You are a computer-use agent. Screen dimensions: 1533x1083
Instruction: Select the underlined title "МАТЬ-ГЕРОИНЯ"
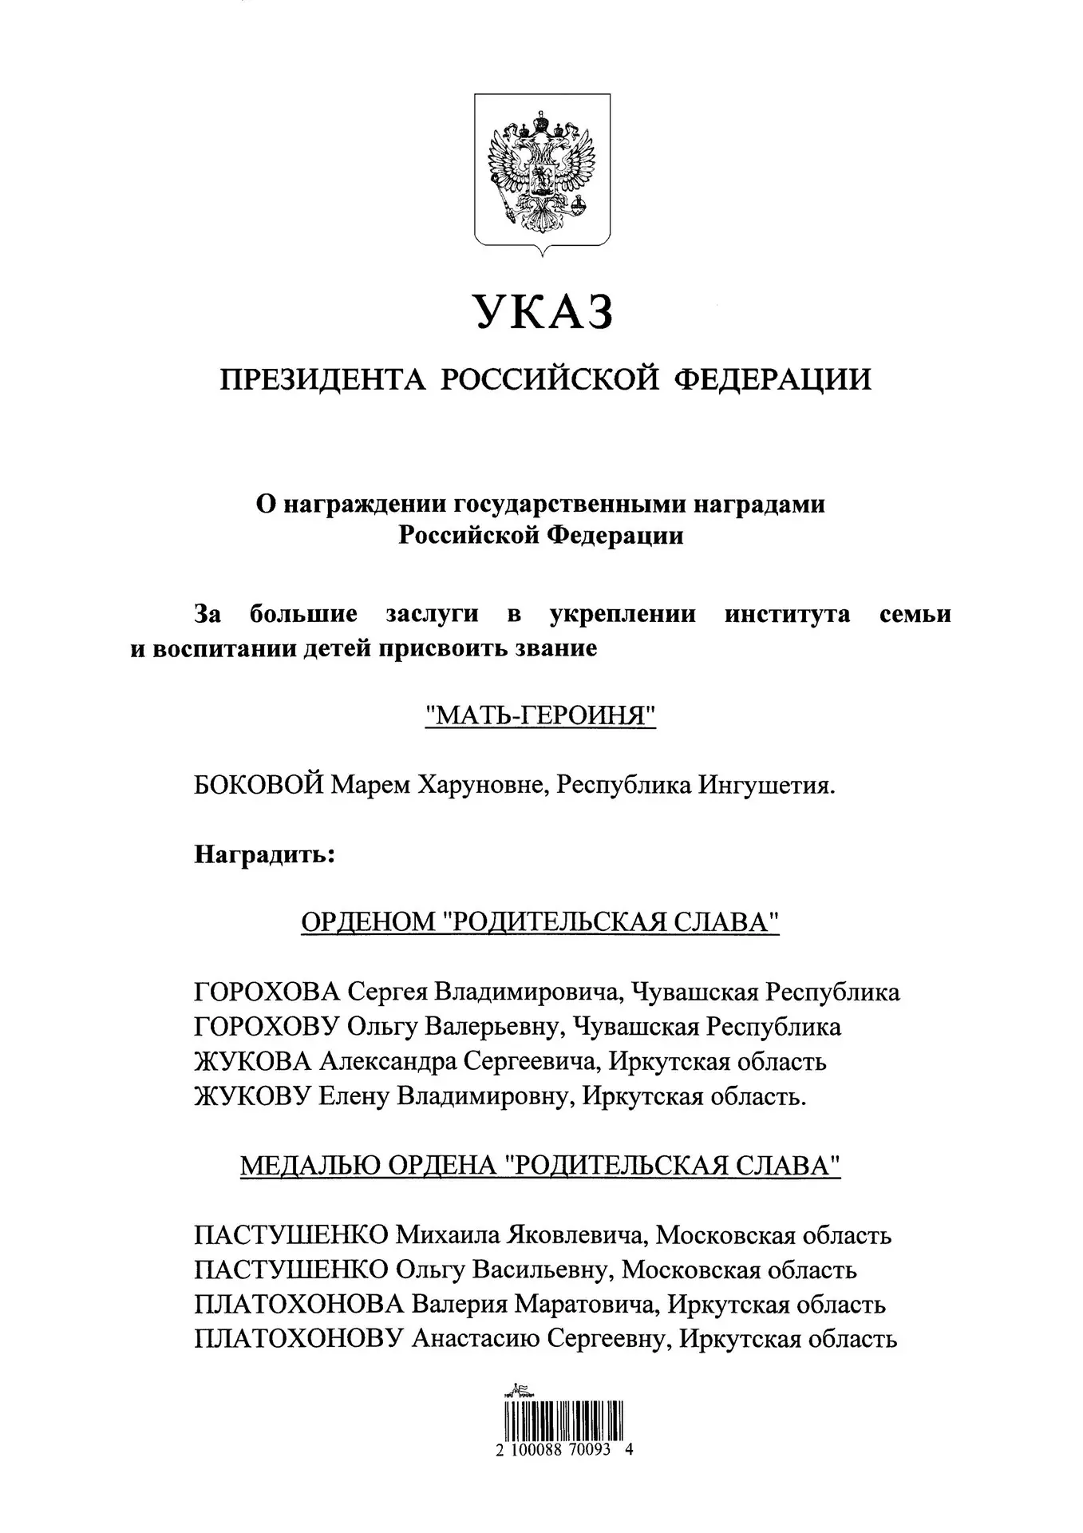coord(541,715)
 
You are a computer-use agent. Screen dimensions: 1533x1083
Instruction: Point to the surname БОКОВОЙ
coord(259,786)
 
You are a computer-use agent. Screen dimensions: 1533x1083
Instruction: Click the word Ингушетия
coord(767,786)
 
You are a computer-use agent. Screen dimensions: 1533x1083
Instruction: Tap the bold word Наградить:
coord(263,854)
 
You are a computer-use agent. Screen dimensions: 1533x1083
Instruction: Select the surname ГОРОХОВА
coord(267,992)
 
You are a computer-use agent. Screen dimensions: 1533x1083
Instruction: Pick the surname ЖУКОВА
coord(252,1062)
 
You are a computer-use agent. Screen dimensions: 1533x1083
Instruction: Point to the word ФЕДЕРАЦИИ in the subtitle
coord(773,379)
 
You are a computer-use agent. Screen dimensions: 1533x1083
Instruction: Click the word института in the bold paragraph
coord(787,615)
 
